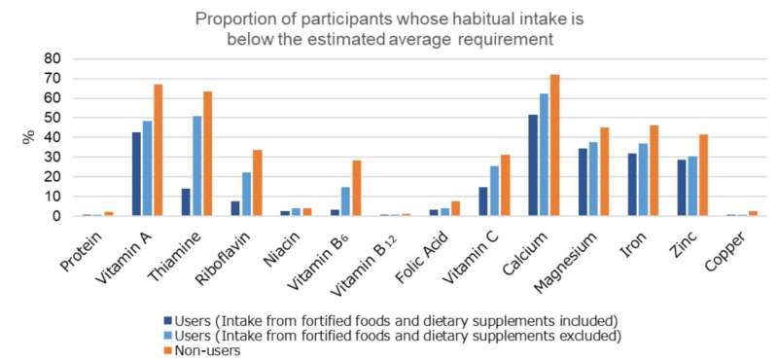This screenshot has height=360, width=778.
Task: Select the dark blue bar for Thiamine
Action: (186, 202)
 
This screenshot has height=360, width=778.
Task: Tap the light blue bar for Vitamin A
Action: (148, 168)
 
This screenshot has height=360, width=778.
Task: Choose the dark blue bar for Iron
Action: (632, 185)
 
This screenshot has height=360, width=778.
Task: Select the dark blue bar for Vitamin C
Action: (483, 201)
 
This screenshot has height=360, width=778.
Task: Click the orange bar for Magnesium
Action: (604, 172)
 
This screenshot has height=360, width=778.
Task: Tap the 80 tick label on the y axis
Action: (50, 59)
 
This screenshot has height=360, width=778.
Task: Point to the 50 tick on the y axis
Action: (50, 118)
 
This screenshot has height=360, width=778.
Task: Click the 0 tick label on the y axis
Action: (54, 217)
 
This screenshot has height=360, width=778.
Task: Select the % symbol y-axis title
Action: (28, 137)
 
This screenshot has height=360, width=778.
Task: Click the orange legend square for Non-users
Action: (167, 350)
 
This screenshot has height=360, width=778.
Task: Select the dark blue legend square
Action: (167, 319)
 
